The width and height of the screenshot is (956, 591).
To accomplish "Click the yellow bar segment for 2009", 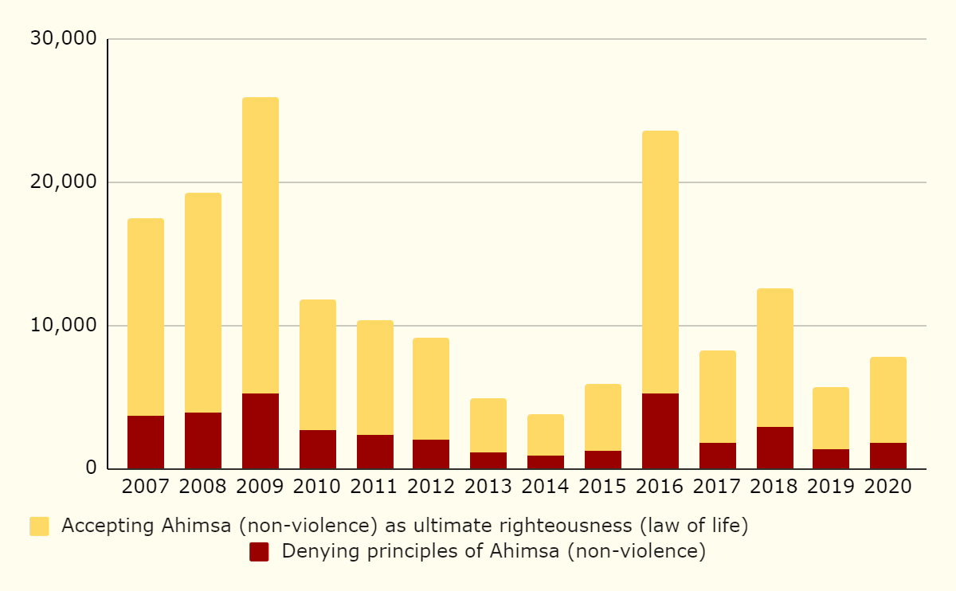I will (261, 245).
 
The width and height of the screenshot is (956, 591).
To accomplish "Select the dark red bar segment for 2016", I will (660, 431).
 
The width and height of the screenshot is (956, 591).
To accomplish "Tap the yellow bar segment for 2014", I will (546, 435).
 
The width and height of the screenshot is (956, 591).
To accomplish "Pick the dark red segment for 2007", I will (146, 442).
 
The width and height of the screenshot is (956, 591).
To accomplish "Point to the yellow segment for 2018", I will (775, 358).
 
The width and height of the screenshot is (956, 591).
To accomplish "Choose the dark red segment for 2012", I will (431, 454).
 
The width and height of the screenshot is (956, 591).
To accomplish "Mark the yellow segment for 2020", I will (888, 400).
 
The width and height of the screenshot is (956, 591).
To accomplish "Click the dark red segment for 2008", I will (203, 440).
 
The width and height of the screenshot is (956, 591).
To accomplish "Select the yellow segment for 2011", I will (375, 378).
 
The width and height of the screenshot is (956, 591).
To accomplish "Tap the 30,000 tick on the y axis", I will (63, 39).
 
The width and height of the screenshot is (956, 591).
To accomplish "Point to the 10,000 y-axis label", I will (63, 326).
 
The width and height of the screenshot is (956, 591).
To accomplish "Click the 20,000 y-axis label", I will (63, 182).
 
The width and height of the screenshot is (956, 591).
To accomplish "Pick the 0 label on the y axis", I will (91, 469).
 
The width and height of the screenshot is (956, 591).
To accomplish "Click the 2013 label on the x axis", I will (488, 487).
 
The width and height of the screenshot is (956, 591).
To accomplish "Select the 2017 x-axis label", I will (718, 487).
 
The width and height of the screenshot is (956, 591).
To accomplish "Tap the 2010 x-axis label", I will (318, 487).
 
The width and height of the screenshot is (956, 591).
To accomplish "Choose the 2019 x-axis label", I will (831, 487).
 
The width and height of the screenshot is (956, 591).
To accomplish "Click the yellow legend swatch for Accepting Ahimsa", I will (39, 526).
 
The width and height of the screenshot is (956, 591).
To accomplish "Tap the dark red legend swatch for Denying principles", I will (259, 552).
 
